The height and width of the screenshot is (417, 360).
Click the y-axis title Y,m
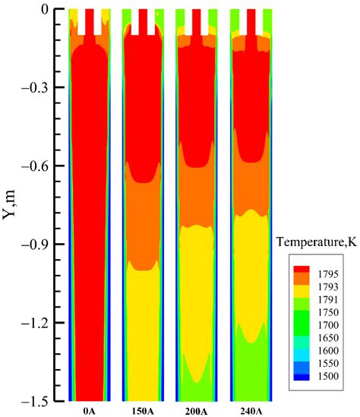(11, 204)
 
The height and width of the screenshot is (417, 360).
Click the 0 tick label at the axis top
(46, 9)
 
